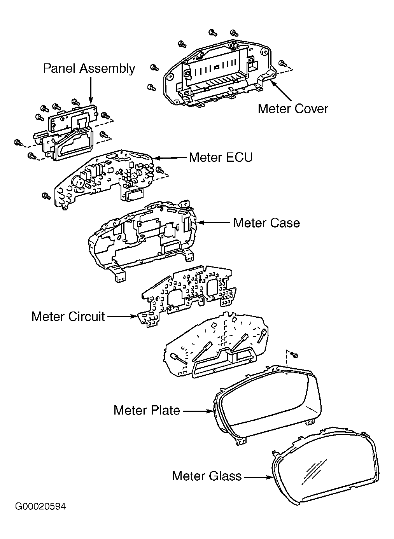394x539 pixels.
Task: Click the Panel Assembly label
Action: coord(89,69)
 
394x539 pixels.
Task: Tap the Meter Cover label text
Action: coord(293,109)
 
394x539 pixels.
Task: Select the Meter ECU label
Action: coord(221,157)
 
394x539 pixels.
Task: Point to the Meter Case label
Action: coord(266,223)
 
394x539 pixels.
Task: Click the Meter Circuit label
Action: coord(68,317)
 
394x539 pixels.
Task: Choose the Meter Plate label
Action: coord(147,410)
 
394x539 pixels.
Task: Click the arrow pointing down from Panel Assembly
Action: coord(91,91)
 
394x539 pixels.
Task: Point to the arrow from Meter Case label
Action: coord(214,223)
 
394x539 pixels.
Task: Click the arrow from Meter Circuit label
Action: coord(122,317)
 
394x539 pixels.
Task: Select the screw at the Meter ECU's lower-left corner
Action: coord(46,196)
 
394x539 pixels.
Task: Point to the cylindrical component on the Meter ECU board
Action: coord(78,184)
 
